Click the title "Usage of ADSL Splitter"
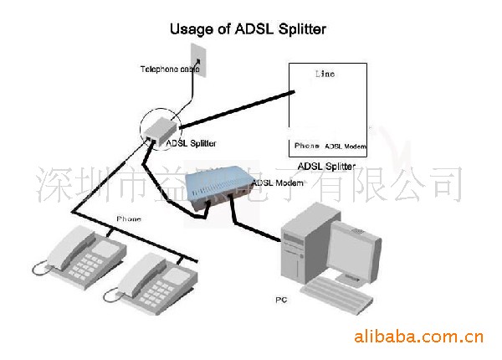(248, 28)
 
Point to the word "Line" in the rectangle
(324, 75)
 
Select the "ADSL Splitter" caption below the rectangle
(326, 165)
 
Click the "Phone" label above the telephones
(129, 219)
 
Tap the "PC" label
(281, 298)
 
